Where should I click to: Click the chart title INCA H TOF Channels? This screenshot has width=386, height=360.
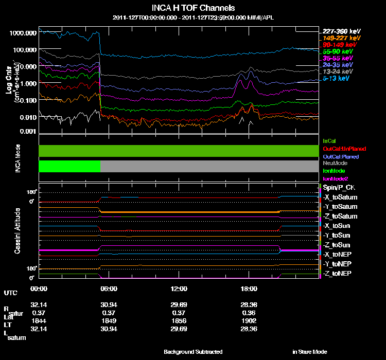tap(193, 8)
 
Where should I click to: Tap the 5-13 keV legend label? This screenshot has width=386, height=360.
tap(336, 79)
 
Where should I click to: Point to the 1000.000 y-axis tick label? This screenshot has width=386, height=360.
tap(23, 32)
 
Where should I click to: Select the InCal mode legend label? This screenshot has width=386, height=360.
tap(329, 140)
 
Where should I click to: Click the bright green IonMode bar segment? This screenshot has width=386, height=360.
tap(69, 166)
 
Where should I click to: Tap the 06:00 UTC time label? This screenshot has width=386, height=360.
tap(109, 288)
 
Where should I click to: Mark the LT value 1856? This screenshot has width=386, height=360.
tap(178, 320)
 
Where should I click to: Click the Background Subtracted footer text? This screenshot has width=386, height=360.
tap(193, 352)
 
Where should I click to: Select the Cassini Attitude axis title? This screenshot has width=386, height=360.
tap(17, 230)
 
